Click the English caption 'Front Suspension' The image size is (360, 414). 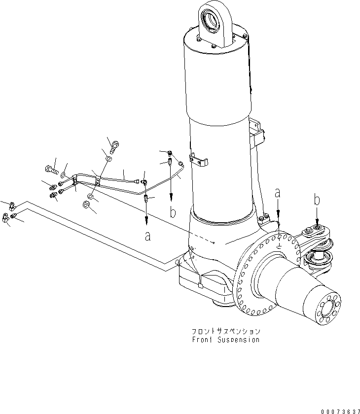coord(226,340)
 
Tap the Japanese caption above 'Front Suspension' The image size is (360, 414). coord(226,332)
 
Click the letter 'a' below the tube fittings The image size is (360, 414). coord(147,236)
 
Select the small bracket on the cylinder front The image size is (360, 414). coord(200,162)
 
